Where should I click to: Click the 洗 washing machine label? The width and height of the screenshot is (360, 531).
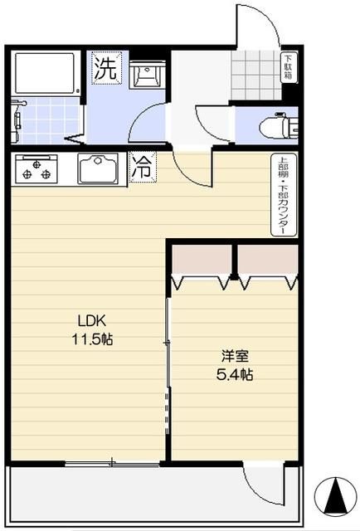pyautogui.click(x=105, y=68)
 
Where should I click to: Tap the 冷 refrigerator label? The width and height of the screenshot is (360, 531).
pyautogui.click(x=143, y=167)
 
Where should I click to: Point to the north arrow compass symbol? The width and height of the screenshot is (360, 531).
pyautogui.click(x=334, y=496)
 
